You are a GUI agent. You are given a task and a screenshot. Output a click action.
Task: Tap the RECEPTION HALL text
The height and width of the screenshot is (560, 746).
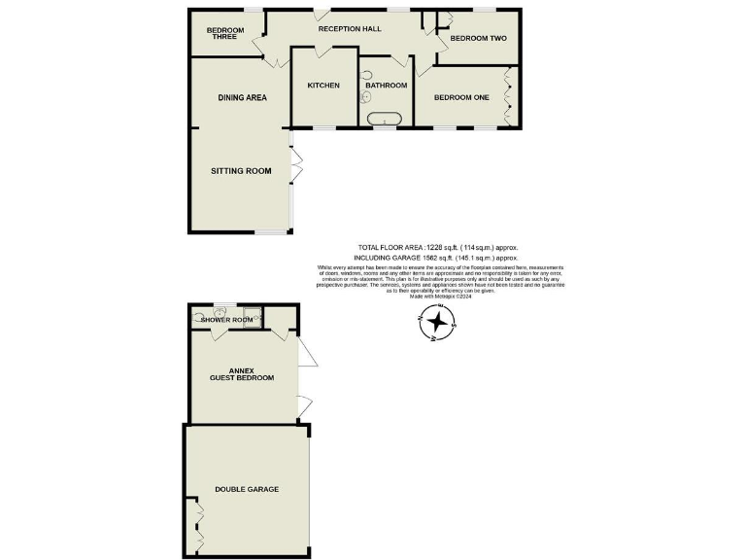[x=349, y=29]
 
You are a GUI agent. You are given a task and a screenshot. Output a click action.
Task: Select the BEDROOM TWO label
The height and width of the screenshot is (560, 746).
[x=478, y=39]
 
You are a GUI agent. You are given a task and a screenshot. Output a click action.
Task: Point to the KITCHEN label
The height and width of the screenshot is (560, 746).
[x=323, y=86]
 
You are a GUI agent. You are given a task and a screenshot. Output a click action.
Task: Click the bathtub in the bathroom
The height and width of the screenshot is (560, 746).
[x=386, y=121]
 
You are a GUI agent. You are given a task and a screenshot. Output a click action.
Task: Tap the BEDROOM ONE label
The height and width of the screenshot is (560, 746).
[x=461, y=97]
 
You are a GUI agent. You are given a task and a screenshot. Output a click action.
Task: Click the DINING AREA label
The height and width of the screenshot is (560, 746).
[x=242, y=97]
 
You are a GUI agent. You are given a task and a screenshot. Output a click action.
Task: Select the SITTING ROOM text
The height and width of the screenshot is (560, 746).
[x=241, y=171]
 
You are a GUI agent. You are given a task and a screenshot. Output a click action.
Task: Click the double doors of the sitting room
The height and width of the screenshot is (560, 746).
[x=297, y=165]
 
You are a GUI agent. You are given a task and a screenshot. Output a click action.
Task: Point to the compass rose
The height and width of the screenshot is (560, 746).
[x=437, y=323]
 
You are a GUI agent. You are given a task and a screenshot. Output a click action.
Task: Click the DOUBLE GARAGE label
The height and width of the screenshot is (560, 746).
[x=247, y=489]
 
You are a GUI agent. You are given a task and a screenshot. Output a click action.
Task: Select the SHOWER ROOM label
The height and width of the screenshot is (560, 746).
[x=226, y=320]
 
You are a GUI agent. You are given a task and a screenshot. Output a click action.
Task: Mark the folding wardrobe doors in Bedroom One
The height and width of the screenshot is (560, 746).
[x=509, y=95]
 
